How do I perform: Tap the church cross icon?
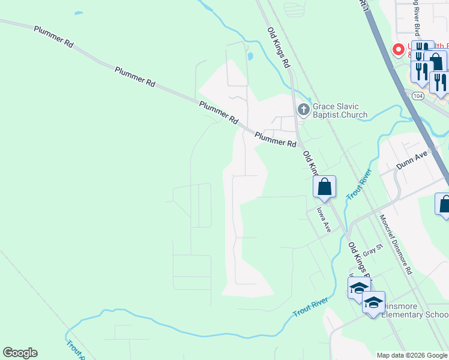coord(303,110)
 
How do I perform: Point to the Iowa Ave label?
coord(324,220)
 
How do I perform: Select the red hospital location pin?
coord(397,50)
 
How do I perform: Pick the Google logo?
coord(20,353)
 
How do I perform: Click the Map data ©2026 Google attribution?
coord(412,355)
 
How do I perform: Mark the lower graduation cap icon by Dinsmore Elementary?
coord(373,302)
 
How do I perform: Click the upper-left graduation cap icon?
coord(359,287)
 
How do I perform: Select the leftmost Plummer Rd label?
coord(53,37)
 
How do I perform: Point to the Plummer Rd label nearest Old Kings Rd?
coord(276,140)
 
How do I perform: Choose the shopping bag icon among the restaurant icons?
coord(436,62)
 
